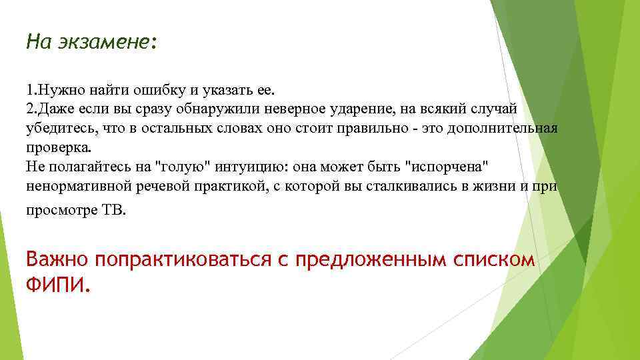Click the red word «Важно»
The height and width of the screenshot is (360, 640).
click(57, 259)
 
